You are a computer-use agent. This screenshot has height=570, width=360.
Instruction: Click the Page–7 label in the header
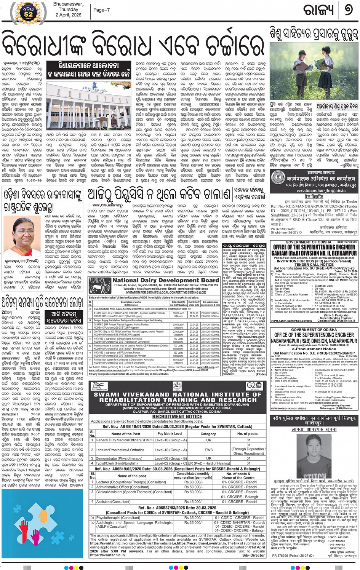101,10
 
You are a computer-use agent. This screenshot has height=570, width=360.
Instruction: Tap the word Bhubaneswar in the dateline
68,4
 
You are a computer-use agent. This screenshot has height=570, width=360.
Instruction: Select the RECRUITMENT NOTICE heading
177,417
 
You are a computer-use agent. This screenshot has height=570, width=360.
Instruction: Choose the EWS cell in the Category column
208,450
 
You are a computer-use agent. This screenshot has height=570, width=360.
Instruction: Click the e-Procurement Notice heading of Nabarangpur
314,349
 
